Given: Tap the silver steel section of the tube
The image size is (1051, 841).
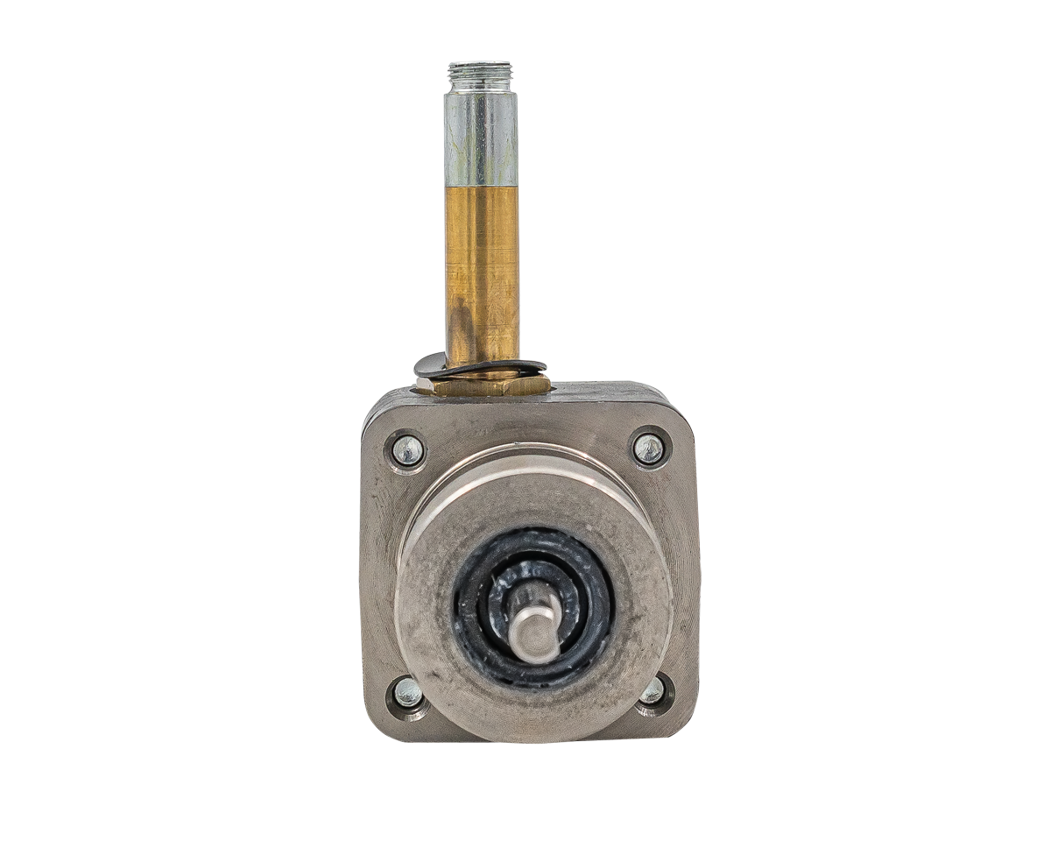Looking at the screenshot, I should coord(481,140).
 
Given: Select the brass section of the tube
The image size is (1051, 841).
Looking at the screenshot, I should coord(483,263).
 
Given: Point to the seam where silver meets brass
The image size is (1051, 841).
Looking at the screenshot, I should coord(482,186).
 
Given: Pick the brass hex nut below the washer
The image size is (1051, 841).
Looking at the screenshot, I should coord(482,385).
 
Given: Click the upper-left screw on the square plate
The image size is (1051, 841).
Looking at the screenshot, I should coord(407,450).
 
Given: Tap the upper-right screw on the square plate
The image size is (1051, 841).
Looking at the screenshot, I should coord(649,449).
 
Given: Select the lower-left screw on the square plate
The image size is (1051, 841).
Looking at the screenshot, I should coord(407,692).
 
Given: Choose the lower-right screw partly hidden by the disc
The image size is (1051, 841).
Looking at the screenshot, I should coord(652,692).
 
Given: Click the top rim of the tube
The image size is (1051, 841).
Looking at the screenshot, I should coord(481,64).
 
